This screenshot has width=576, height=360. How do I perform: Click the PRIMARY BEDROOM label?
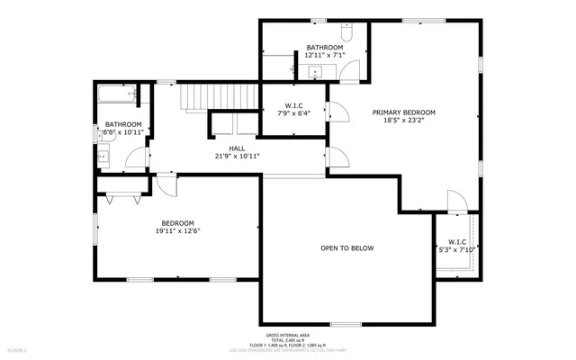[x=404, y=112]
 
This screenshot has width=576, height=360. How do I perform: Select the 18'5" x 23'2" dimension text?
[x=404, y=121]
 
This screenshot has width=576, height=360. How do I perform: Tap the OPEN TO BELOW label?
[x=346, y=248]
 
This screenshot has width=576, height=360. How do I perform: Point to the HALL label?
[x=237, y=148]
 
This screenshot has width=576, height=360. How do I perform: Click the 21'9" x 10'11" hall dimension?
[x=237, y=157]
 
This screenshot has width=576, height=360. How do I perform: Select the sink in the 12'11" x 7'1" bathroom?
[x=316, y=71]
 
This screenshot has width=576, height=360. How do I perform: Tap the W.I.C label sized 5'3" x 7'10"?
[x=456, y=242]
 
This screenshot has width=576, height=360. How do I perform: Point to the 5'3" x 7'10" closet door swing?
[x=458, y=202]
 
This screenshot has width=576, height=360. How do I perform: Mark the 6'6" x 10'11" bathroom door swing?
[x=136, y=158]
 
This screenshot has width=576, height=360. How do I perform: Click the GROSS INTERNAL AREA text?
[x=288, y=335]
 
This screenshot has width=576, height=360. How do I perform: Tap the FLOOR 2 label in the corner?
[x=18, y=349]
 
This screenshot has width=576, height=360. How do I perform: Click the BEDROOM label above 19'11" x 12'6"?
[x=177, y=223]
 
